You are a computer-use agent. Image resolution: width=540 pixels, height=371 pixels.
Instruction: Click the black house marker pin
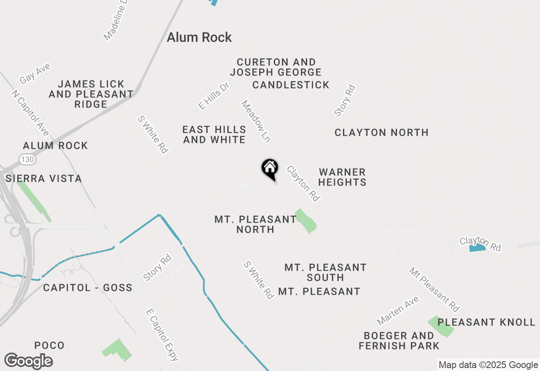tap(270, 169)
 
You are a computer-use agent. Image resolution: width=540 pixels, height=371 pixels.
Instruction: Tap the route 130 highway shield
tap(27, 159)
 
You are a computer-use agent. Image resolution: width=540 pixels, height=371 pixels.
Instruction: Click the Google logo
tap(28, 361)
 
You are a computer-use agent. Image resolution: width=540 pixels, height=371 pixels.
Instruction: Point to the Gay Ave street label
tap(35, 74)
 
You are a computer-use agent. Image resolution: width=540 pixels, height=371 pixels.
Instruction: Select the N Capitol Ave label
tap(30, 113)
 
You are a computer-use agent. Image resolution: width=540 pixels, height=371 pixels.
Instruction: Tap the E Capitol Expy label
tap(162, 335)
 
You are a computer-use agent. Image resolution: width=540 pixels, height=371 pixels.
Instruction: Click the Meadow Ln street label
tap(256, 121)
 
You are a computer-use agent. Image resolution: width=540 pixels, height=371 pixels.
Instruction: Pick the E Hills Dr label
tap(213, 96)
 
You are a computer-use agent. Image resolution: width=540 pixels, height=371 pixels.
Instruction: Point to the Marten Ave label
tap(398, 311)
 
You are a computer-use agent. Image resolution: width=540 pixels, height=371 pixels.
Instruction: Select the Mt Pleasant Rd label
tap(434, 290)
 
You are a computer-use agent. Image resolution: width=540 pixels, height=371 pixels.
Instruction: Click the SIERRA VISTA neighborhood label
tap(44, 179)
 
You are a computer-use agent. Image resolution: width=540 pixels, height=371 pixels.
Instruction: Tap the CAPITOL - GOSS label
tap(88, 288)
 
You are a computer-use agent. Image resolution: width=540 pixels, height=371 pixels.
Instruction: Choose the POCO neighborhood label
tap(49, 346)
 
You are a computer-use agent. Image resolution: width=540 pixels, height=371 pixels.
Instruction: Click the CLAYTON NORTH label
tap(381, 133)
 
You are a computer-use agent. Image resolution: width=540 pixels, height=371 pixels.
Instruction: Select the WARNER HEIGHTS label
tap(342, 177)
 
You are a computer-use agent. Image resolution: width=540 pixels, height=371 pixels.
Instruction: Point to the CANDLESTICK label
tap(291, 85)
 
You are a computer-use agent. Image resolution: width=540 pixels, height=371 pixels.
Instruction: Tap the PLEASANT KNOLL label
tap(486, 323)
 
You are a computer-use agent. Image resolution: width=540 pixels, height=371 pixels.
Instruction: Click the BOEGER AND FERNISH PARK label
tap(399, 341)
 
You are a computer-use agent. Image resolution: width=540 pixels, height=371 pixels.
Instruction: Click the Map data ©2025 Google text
tap(488, 365)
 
